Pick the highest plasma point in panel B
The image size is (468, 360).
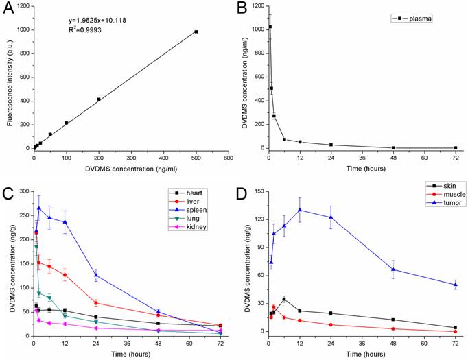tap(270, 27)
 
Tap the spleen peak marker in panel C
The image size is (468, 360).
tap(39, 208)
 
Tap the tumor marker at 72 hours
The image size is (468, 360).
tap(455, 285)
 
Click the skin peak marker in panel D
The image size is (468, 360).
tap(284, 299)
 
